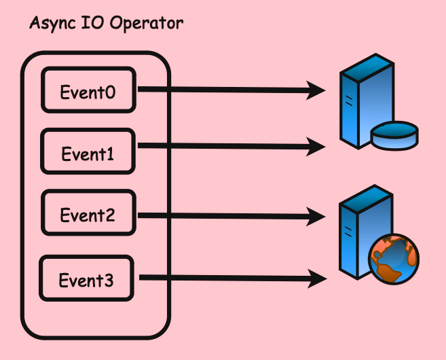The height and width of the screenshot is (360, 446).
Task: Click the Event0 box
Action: [x=89, y=89]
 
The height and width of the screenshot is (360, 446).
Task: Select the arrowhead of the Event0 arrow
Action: [x=317, y=89]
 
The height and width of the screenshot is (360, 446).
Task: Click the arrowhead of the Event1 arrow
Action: [x=317, y=145]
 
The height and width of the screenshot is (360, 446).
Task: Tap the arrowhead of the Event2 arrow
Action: [x=317, y=217]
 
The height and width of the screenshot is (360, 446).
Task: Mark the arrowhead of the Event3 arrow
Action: [x=317, y=277]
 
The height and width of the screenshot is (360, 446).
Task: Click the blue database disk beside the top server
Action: [x=394, y=134]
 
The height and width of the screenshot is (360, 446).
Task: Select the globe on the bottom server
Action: [x=393, y=259]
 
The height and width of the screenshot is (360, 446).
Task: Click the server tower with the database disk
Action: [x=361, y=102]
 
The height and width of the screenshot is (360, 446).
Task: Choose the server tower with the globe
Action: [x=360, y=228]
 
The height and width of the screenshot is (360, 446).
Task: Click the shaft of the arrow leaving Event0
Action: [x=224, y=89]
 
